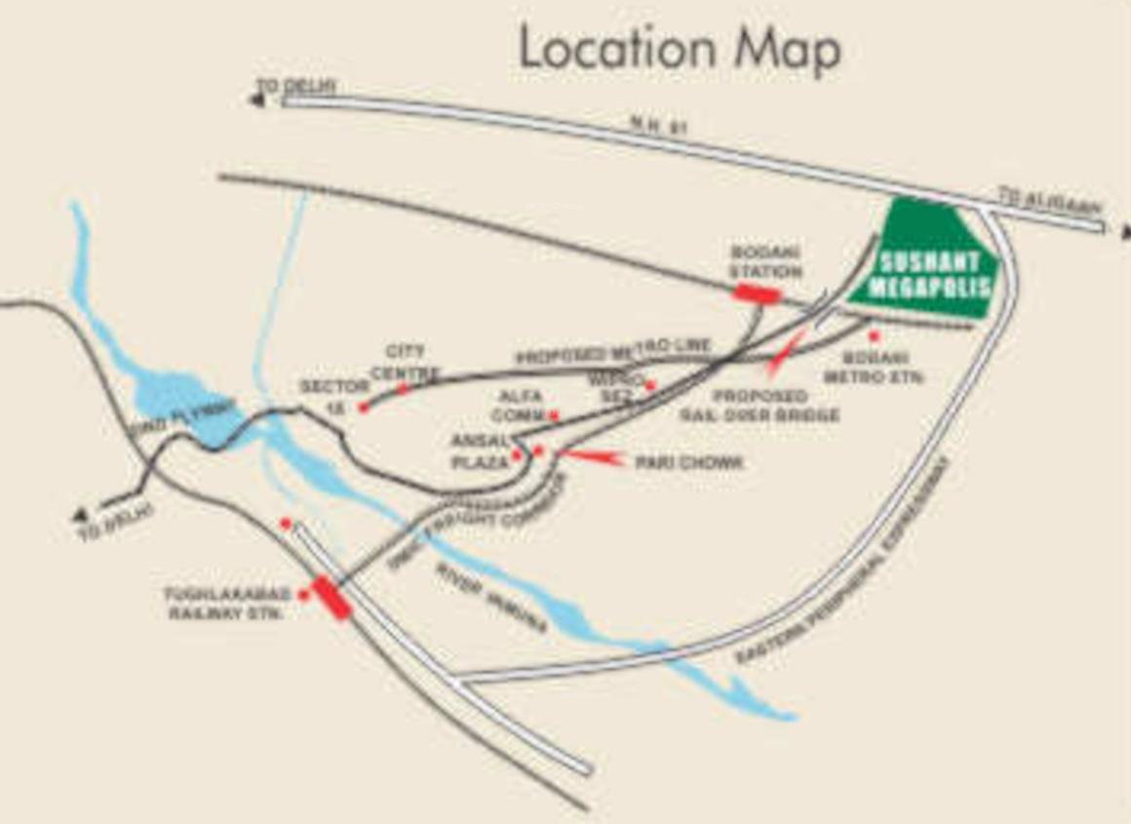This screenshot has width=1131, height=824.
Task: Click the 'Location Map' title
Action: coord(679,49)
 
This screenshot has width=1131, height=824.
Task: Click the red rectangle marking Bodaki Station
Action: coord(757,292)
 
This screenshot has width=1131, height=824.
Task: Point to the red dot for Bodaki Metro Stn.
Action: coord(875,335)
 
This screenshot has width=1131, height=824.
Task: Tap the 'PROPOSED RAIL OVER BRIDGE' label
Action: coord(760,406)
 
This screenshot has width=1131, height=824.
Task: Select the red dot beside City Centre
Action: coord(402,388)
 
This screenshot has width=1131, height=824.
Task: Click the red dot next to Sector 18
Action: coord(364,407)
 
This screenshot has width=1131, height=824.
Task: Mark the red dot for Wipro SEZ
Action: coord(650,386)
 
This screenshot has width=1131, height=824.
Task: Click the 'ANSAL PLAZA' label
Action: coord(479,451)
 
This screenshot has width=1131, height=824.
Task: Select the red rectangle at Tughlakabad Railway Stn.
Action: coord(331,597)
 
